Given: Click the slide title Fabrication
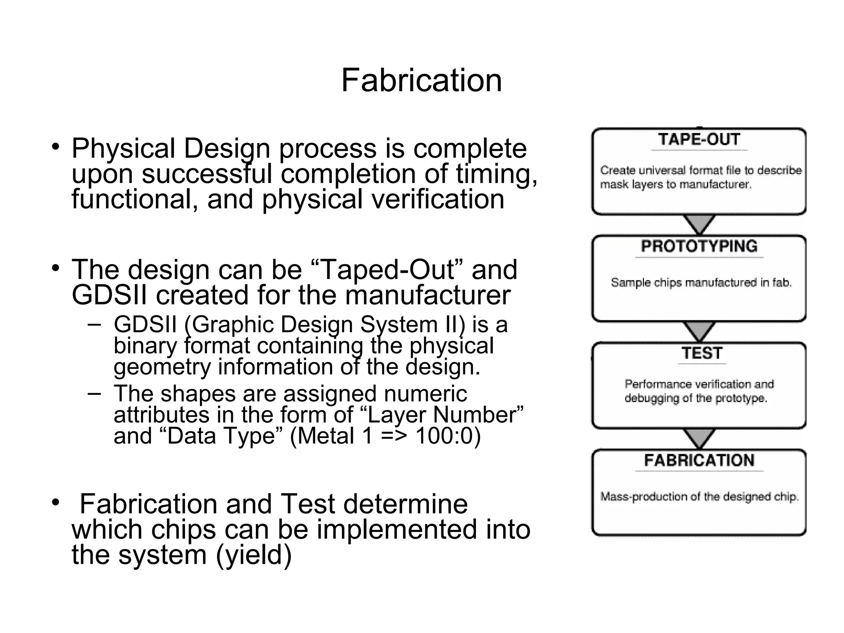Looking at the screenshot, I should (421, 80).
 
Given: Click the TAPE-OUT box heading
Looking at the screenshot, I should (699, 140).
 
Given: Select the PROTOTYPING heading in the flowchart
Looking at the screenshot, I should (699, 246).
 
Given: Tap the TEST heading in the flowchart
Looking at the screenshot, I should (701, 354).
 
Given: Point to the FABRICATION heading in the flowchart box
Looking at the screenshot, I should (699, 460).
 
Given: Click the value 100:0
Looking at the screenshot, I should (448, 436).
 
